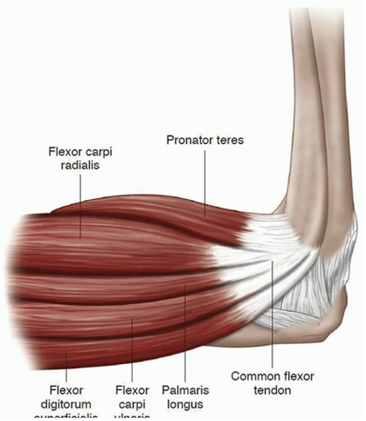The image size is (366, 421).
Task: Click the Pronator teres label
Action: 205,140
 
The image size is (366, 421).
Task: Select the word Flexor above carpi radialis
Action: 64,152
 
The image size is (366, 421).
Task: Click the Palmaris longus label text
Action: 185,397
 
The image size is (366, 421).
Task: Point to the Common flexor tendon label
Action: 272,383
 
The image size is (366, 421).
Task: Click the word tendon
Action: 273,391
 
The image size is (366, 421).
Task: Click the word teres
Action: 229,140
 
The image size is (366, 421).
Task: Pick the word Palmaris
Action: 185,391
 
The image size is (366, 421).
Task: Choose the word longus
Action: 185,405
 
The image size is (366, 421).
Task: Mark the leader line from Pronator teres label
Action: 205,183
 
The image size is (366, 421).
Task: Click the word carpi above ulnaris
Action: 132,405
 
